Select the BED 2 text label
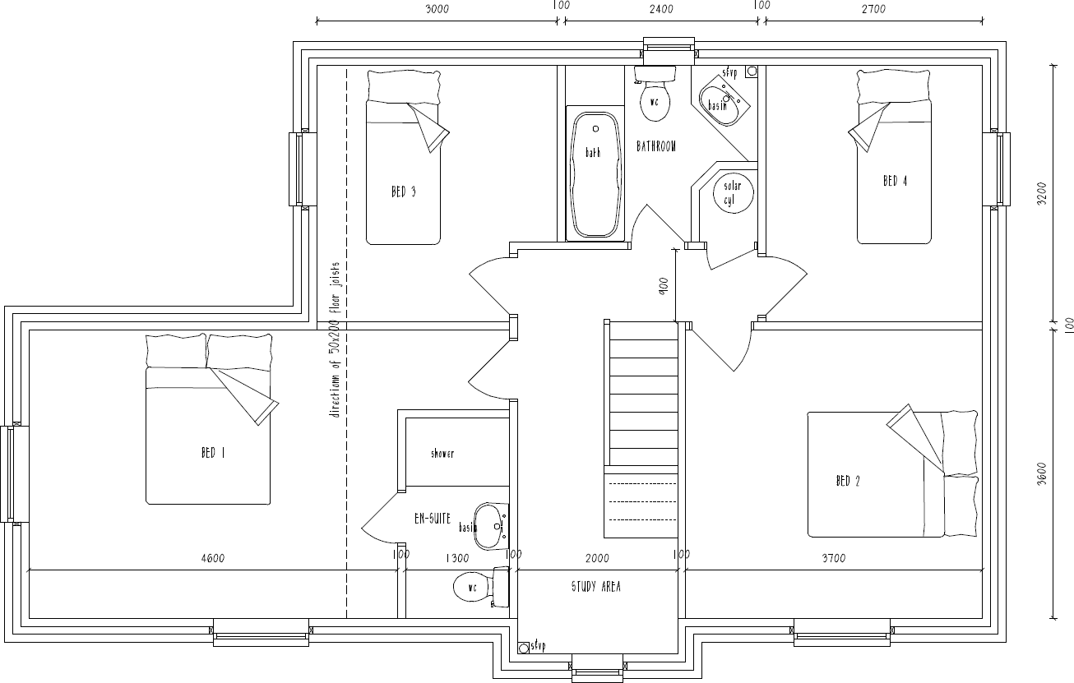click(x=847, y=481)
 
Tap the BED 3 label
click(x=403, y=192)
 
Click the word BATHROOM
click(x=656, y=146)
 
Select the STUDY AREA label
click(x=596, y=587)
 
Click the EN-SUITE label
click(x=432, y=519)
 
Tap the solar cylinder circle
click(x=731, y=193)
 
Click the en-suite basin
click(x=490, y=525)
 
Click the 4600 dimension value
click(x=211, y=559)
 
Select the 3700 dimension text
click(x=833, y=559)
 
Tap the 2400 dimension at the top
click(x=660, y=9)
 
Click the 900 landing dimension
click(x=664, y=285)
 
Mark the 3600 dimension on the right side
click(x=1041, y=473)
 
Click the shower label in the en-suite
click(x=442, y=454)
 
